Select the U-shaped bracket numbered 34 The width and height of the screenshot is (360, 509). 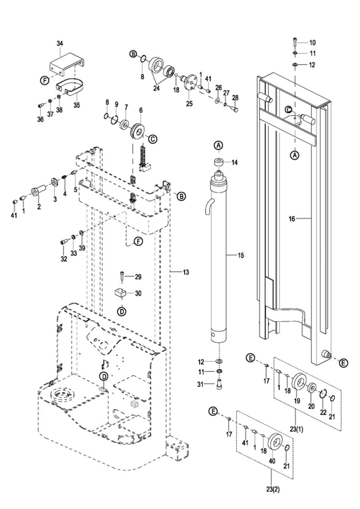point(66,64)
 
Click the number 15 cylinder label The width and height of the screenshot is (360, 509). point(240,255)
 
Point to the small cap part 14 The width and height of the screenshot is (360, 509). point(220,162)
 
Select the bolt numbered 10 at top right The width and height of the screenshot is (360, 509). point(294,42)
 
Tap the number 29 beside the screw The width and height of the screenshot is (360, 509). point(138,277)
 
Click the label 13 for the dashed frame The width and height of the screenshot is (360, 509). point(186,272)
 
